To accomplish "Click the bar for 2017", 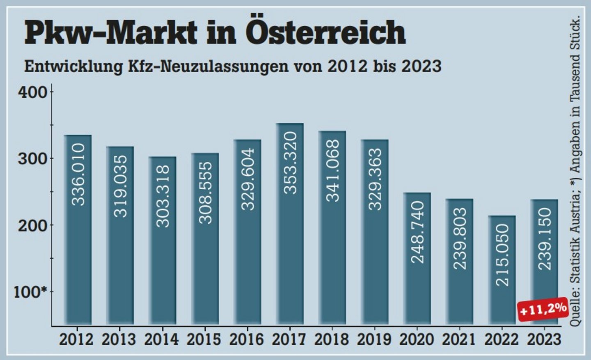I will click(290, 224).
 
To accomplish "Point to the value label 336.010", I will click(78, 174).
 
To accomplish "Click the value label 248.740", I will click(417, 232).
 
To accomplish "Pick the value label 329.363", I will click(375, 179).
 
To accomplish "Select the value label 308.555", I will click(205, 192).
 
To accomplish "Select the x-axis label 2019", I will click(374, 339).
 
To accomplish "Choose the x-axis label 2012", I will click(76, 339).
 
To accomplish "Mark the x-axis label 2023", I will click(544, 339).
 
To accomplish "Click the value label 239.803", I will click(460, 238).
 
